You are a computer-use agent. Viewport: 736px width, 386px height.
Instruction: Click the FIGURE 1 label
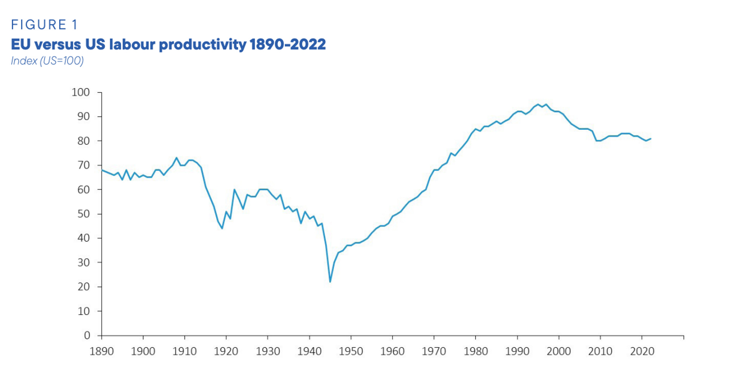click(x=44, y=25)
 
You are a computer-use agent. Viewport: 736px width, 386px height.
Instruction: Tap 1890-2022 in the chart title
click(x=288, y=44)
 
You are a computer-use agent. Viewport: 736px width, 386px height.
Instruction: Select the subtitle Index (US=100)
click(x=47, y=61)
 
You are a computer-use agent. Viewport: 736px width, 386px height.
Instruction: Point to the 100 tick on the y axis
click(x=80, y=92)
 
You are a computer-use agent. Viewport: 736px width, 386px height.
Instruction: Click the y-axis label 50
click(x=83, y=214)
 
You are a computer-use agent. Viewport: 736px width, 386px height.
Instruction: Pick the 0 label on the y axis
click(x=87, y=336)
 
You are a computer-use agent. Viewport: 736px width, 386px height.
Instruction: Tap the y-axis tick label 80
click(x=83, y=141)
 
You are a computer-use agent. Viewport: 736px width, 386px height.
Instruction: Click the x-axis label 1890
click(x=101, y=351)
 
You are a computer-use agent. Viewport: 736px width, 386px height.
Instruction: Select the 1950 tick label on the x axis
click(x=351, y=351)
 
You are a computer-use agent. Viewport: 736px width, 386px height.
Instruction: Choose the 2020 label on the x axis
click(x=642, y=351)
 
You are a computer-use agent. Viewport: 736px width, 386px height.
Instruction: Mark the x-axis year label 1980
click(x=475, y=351)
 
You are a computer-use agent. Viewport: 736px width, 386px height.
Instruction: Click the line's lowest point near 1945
click(x=330, y=282)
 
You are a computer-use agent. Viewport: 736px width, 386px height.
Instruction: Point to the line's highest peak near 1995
click(x=538, y=104)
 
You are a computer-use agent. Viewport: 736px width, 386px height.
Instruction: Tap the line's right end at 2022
click(x=651, y=139)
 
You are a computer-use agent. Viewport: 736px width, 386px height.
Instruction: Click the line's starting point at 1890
click(x=102, y=170)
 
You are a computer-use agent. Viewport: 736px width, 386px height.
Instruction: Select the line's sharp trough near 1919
click(x=222, y=228)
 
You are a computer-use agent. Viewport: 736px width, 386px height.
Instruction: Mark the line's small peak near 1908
click(x=176, y=158)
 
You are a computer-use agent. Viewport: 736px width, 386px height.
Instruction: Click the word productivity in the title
click(x=202, y=44)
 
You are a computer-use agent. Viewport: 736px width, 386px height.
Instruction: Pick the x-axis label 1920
click(x=226, y=351)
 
